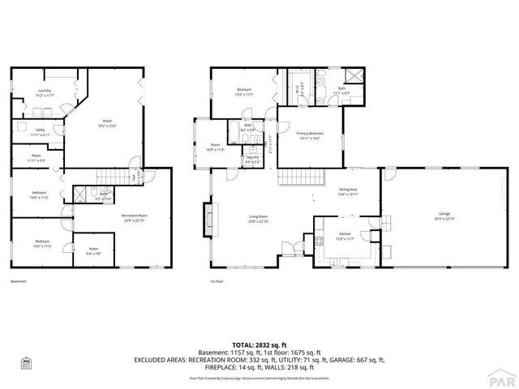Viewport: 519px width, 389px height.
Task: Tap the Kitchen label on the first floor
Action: (x=344, y=233)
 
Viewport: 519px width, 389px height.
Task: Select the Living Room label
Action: (x=259, y=216)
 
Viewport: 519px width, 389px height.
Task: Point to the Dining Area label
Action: (x=350, y=189)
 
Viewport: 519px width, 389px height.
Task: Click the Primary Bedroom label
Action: (x=310, y=133)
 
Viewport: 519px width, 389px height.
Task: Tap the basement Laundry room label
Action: (x=44, y=91)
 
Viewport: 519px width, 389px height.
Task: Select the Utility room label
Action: (x=40, y=129)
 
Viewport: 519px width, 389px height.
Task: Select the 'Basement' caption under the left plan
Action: (x=19, y=282)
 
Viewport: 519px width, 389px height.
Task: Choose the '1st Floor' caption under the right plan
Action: (x=217, y=282)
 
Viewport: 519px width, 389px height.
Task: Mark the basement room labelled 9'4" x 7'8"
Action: (x=93, y=251)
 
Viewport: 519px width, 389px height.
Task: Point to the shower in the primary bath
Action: (x=358, y=79)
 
